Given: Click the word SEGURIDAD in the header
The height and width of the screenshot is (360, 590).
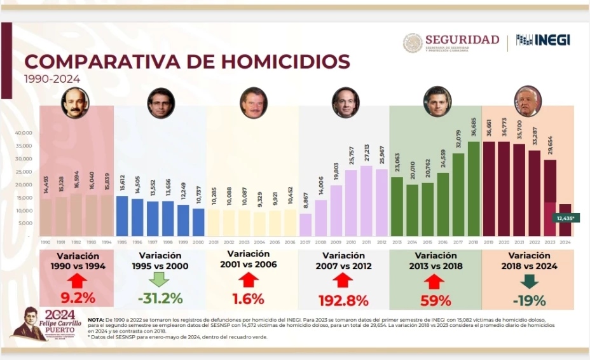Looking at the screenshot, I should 462,39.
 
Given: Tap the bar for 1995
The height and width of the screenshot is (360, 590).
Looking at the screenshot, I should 122,216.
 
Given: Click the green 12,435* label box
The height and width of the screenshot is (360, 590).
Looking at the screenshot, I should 563,218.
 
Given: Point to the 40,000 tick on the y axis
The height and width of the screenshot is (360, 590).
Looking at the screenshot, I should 24,133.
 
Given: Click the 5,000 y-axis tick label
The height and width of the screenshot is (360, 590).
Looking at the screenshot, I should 25,223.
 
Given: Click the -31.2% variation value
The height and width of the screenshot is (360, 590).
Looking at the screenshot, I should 159,298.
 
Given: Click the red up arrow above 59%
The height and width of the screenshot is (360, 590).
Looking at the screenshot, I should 435,280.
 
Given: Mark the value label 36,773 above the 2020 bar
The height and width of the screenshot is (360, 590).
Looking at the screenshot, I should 504,128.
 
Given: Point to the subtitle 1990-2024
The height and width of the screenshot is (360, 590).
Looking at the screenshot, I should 52,79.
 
